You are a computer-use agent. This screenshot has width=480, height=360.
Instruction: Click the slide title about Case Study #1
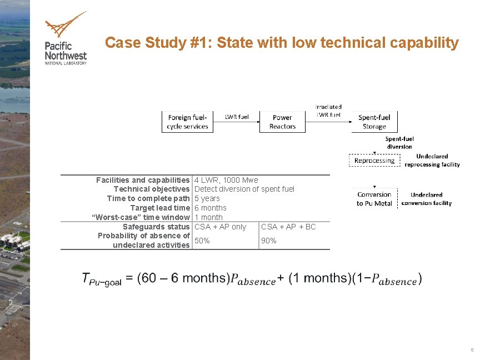[282, 43]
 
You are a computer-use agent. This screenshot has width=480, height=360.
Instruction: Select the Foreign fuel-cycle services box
[188, 122]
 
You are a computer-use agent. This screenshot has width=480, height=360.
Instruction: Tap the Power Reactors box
[282, 122]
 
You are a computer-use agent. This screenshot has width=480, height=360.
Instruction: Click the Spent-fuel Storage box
[374, 122]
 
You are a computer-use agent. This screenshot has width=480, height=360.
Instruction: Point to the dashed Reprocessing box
[374, 161]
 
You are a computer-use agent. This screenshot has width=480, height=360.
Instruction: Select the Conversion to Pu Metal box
[374, 199]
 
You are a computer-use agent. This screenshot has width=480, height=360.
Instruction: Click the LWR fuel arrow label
[237, 117]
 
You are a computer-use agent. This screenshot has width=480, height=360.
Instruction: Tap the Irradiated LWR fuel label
[328, 111]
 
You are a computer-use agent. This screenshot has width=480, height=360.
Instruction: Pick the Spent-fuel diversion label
[399, 142]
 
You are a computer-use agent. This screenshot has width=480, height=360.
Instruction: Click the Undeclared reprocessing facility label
[432, 161]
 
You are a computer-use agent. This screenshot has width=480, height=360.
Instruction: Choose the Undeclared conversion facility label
[426, 199]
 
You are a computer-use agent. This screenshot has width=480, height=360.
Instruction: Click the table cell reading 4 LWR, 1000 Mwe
[226, 180]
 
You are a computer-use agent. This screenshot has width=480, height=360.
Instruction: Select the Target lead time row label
[160, 208]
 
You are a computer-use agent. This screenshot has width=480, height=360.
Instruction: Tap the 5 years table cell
[207, 198]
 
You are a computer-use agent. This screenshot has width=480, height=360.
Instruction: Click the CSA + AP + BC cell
[288, 227]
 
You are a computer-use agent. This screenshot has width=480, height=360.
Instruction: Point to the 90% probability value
[269, 241]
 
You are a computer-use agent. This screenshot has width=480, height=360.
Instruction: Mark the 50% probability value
[202, 240]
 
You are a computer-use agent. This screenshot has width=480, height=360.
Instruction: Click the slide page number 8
[472, 350]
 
